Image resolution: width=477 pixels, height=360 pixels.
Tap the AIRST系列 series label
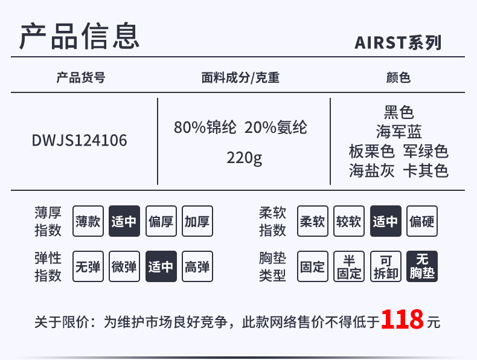point(398,43)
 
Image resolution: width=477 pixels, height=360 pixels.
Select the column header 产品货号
point(80,78)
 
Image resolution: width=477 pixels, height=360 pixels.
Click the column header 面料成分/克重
point(240,78)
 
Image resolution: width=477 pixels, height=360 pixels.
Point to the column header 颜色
point(398,78)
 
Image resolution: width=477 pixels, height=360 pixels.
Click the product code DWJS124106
point(80,141)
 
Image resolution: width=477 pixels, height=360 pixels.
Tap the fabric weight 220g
point(245,158)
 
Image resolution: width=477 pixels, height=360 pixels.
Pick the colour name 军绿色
point(426,151)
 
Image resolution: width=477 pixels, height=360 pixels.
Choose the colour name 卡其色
point(426,171)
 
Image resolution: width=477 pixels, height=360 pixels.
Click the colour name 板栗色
point(371,151)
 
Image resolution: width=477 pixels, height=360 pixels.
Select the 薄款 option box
point(88,221)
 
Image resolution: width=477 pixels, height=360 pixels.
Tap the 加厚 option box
point(197,221)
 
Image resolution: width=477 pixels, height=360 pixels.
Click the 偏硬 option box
point(421,221)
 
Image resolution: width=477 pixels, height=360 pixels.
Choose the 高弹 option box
point(197,266)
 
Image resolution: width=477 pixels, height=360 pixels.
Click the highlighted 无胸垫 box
point(421,266)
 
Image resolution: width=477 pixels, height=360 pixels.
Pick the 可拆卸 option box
point(385,266)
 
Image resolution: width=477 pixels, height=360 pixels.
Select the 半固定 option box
point(349,266)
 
